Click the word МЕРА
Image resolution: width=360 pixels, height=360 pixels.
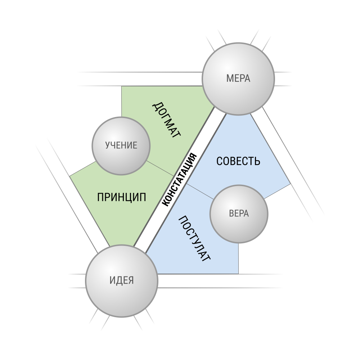click(238, 78)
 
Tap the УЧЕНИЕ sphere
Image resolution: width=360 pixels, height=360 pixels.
click(121, 146)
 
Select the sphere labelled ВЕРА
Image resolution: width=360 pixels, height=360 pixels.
click(239, 214)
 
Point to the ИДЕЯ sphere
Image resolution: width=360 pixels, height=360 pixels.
click(121, 281)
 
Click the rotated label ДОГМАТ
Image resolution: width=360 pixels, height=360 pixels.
click(166, 120)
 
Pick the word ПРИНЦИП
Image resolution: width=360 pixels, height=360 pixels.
click(121, 197)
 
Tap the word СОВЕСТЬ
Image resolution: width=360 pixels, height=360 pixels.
click(238, 161)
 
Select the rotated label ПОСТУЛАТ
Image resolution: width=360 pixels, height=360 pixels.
click(194, 238)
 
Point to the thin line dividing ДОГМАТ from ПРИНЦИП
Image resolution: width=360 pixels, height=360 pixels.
click(160, 168)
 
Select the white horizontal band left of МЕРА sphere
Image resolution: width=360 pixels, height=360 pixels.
click(140, 79)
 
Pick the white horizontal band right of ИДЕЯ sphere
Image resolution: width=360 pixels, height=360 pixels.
click(219, 281)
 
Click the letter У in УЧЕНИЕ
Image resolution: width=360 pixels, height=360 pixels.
click(107, 145)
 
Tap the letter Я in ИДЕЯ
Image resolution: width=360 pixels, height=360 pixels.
click(131, 280)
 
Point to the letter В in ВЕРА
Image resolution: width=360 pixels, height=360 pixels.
click(231, 213)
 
